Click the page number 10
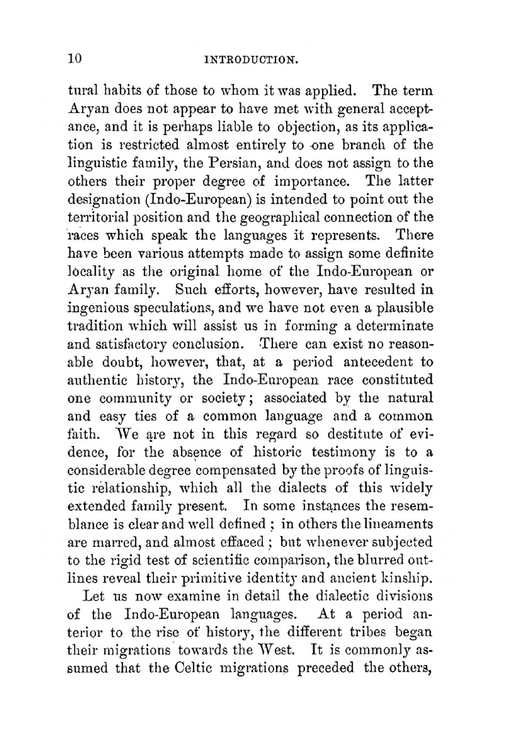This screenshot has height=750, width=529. coord(75,58)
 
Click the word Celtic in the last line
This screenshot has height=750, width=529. coord(194,668)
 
